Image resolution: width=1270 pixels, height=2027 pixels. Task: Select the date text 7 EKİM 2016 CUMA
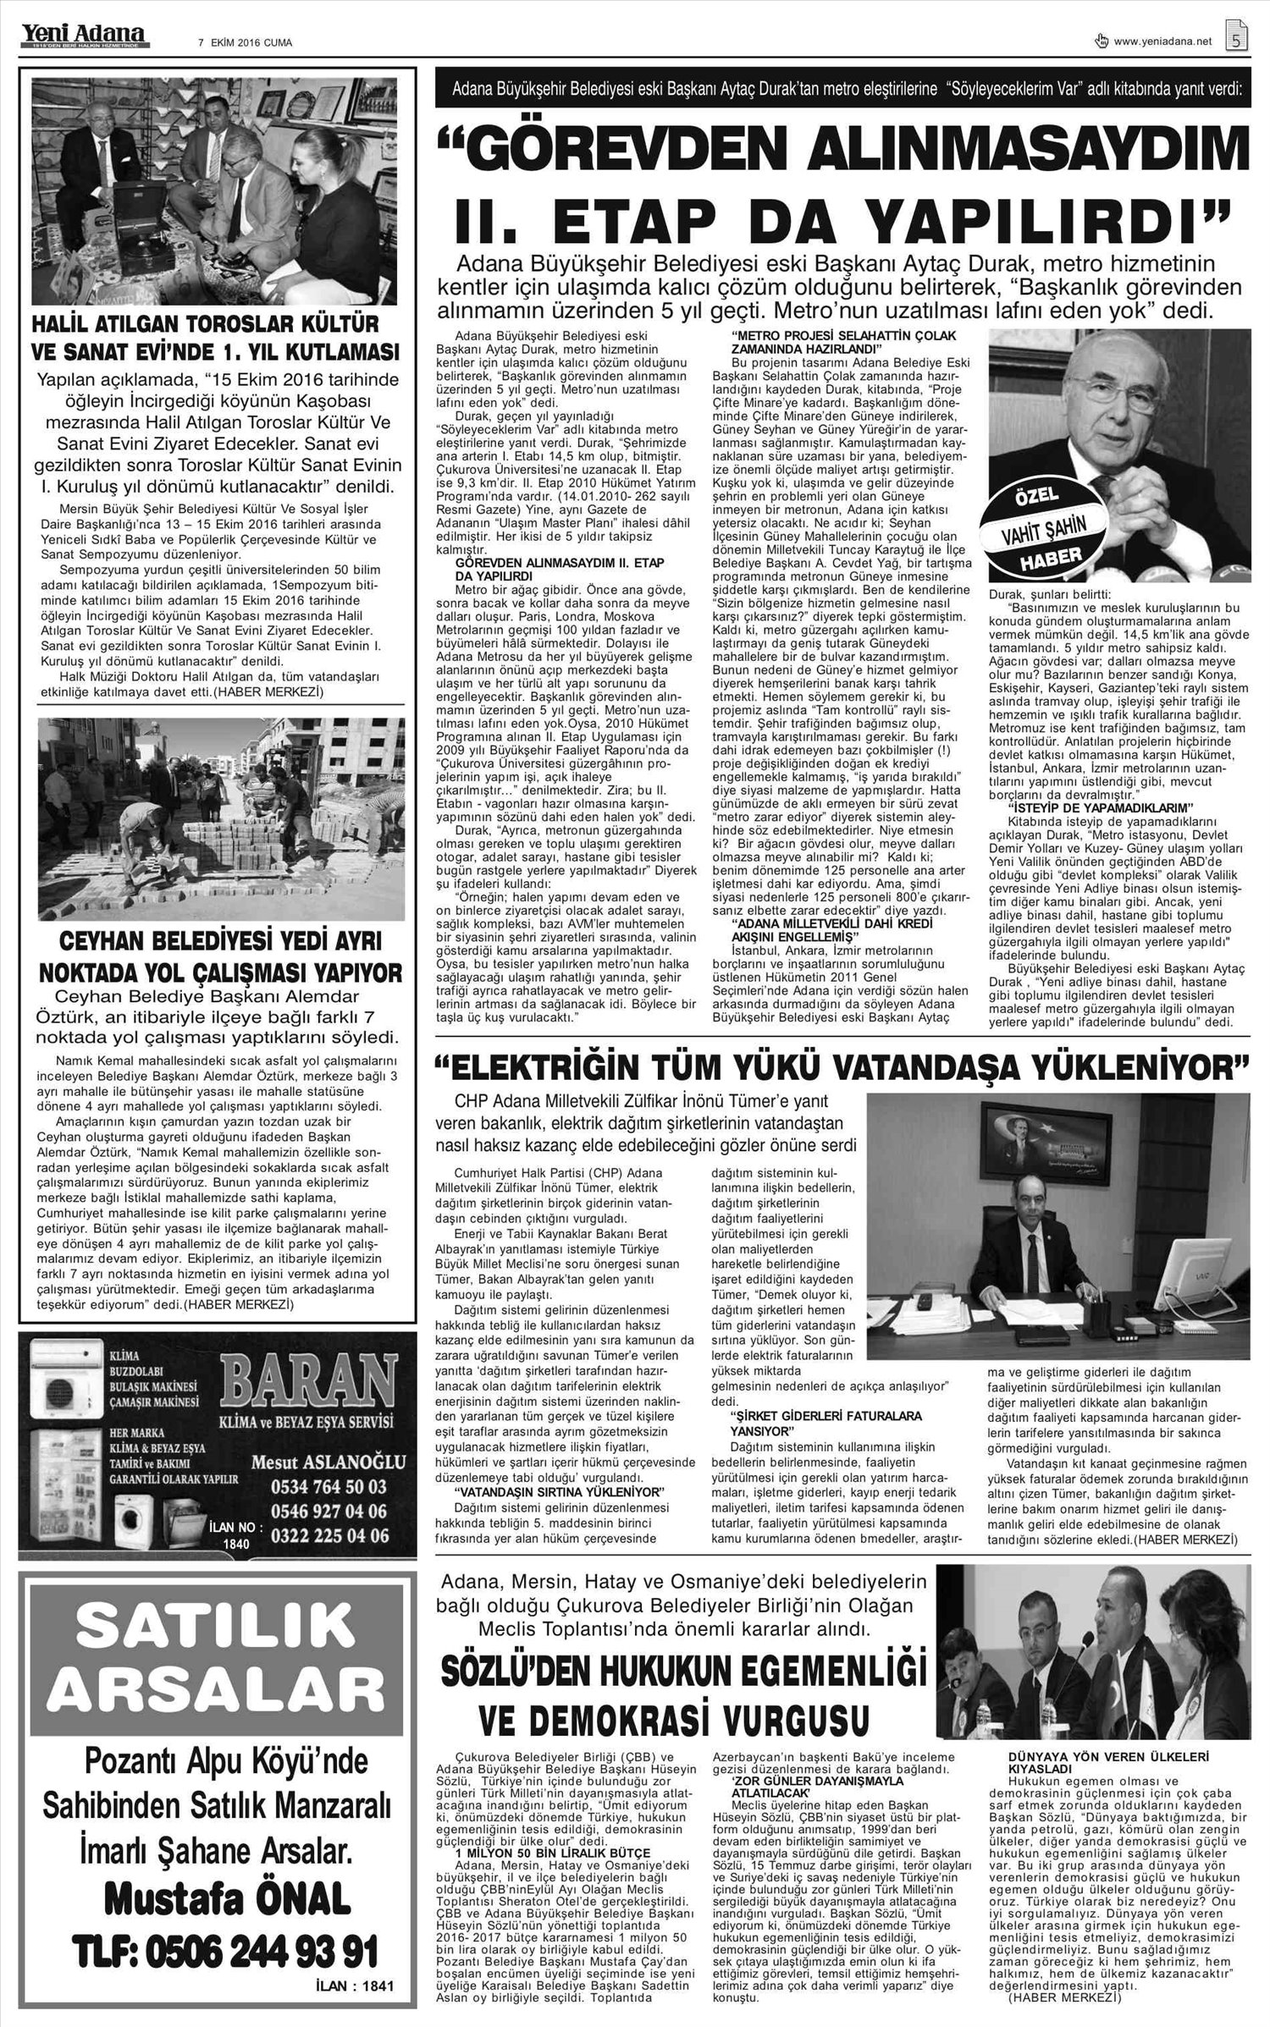[x=245, y=43]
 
